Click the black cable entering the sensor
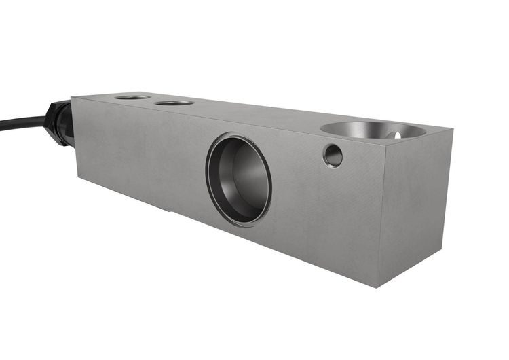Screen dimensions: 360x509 20,123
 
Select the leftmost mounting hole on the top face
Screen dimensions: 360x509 132,97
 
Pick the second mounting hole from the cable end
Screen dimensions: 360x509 174,103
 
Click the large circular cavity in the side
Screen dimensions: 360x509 240,179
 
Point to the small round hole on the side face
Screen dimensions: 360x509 333,156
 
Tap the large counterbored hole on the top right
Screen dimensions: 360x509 372,129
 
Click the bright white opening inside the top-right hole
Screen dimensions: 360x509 398,134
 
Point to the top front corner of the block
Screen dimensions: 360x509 385,139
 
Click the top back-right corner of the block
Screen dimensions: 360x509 451,128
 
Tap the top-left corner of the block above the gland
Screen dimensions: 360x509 72,97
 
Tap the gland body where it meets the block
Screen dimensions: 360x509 68,126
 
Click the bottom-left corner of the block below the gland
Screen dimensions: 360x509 78,179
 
